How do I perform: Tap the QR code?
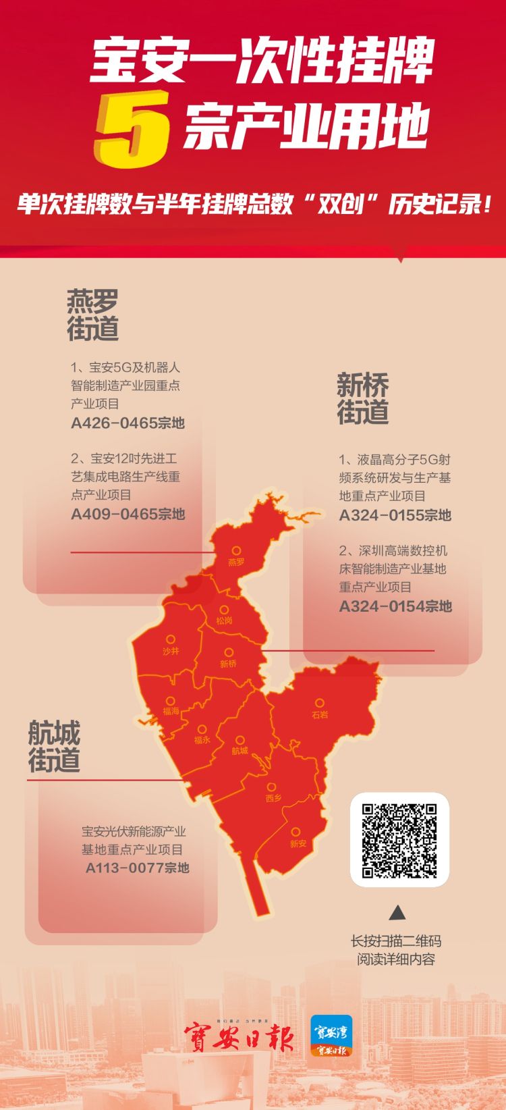pos(399,839)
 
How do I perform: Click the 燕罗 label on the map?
pos(236,562)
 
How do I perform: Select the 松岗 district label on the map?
pos(224,620)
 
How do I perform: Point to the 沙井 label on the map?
pos(171,651)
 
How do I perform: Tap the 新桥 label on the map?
pos(229,663)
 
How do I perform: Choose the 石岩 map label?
pos(320,714)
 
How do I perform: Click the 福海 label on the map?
pos(171,711)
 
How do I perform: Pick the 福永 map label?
pos(202,739)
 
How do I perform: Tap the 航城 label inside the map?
pos(240,750)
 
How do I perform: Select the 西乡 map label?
pos(273,797)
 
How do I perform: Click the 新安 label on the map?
pos(298,843)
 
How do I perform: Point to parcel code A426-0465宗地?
pos(128,423)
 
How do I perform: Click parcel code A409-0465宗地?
pos(128,514)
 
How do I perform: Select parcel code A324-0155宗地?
pos(395,515)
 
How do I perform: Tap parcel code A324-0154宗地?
pos(395,606)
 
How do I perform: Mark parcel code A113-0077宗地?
pos(137,868)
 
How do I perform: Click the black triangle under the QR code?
pos(398,913)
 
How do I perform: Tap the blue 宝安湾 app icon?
pos(331,1035)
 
